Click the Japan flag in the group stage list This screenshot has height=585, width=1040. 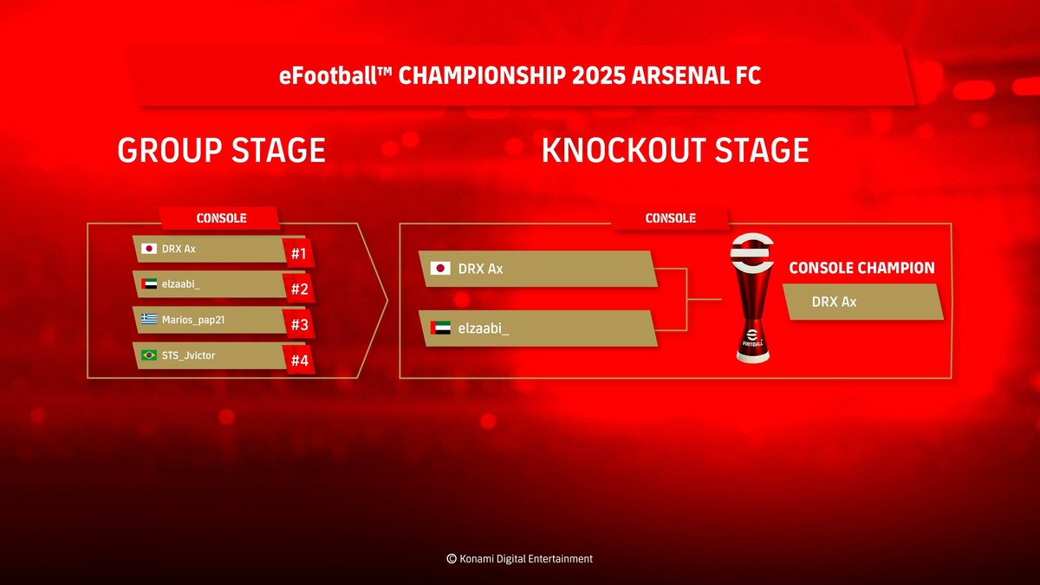148,250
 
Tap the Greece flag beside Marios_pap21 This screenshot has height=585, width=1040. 148,320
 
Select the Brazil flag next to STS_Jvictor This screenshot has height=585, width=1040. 148,355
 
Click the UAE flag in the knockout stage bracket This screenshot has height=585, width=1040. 440,328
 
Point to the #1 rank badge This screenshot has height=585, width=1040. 300,254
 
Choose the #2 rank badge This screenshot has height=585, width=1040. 300,289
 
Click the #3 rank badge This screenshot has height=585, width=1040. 300,325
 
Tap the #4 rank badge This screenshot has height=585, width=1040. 300,361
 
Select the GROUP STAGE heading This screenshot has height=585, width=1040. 221,151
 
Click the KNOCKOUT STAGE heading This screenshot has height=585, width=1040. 674,151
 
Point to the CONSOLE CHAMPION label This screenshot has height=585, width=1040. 861,268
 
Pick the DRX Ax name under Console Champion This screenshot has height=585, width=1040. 834,302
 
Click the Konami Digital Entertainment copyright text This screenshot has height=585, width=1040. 519,559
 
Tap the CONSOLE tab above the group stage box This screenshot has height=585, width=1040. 221,218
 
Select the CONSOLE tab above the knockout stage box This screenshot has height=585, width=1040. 670,218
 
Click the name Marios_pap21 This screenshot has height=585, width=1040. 194,320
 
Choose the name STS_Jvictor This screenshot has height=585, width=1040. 188,355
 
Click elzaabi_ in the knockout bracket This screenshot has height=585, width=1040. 484,328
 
